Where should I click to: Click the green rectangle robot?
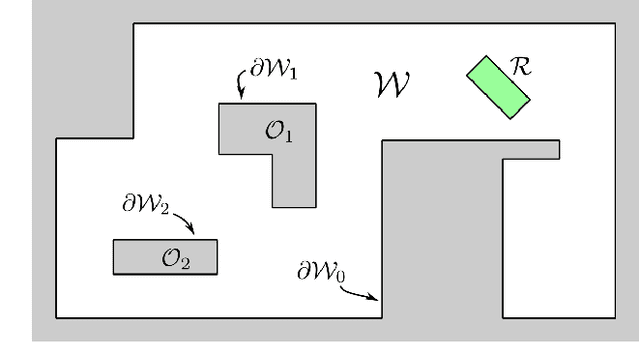click(498, 87)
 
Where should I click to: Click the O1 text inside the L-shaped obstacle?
click(280, 132)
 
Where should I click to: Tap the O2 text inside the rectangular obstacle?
click(175, 258)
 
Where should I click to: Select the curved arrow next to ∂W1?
click(241, 86)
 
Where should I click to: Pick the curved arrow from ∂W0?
click(360, 291)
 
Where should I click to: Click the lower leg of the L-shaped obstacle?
click(294, 180)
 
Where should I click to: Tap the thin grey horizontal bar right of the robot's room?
click(530, 149)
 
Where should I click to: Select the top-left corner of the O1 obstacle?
click(220, 104)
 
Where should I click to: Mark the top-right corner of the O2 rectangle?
click(215, 241)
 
